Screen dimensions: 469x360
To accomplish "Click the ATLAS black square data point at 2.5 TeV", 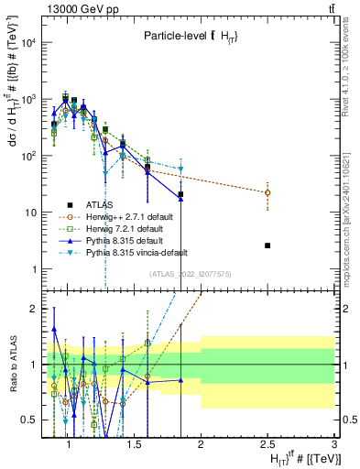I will [267, 245].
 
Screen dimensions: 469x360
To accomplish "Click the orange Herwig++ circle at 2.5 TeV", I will [267, 192].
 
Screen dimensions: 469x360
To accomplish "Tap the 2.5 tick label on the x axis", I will [267, 443].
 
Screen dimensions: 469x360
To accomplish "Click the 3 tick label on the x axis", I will [334, 443].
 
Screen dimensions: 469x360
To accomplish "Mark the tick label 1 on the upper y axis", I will [35, 269].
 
